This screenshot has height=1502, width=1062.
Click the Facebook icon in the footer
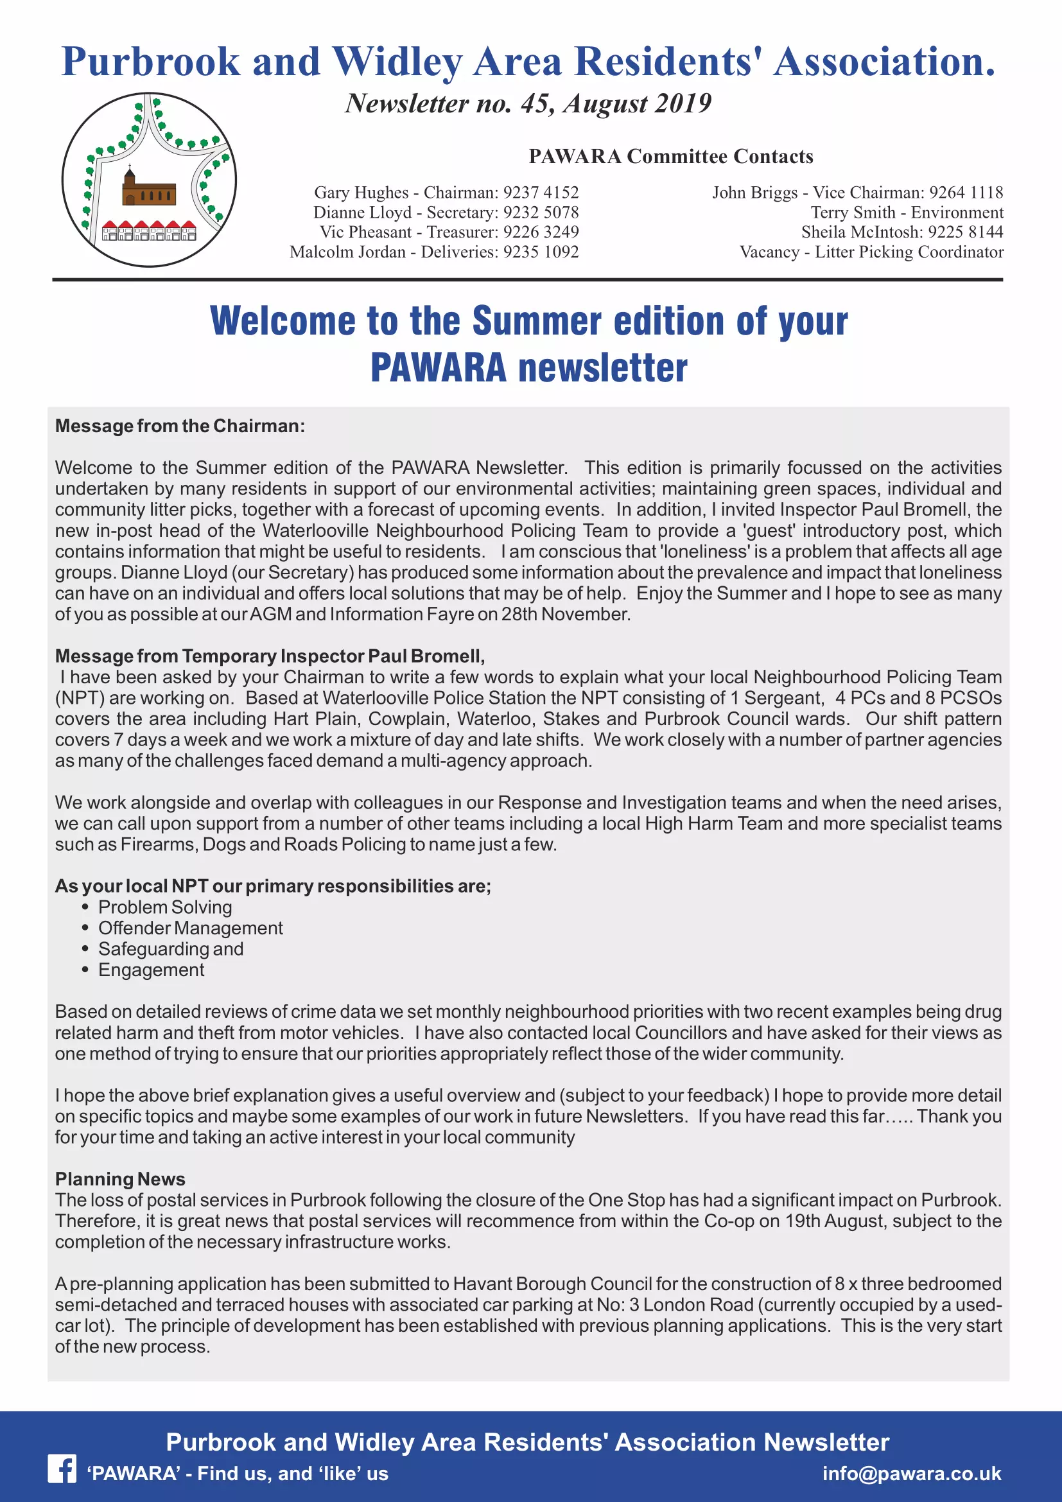[62, 1469]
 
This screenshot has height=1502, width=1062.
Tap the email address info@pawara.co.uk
[912, 1473]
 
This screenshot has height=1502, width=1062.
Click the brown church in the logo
[148, 189]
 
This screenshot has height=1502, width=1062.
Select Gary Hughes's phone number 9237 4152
[541, 193]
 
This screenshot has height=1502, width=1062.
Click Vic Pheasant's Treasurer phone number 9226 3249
[541, 232]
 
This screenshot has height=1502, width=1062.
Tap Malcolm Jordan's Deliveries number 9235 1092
[541, 252]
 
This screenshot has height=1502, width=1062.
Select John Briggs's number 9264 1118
[966, 193]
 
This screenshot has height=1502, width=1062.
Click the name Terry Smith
[853, 213]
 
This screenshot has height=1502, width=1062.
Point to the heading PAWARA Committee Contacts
[671, 156]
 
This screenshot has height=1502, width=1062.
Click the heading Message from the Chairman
[180, 426]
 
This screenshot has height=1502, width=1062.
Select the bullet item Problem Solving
[165, 907]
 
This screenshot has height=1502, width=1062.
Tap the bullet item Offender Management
[190, 929]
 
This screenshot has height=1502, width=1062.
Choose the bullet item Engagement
[151, 970]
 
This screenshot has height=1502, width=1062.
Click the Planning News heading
[120, 1179]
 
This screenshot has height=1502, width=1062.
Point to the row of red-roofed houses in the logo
[149, 231]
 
